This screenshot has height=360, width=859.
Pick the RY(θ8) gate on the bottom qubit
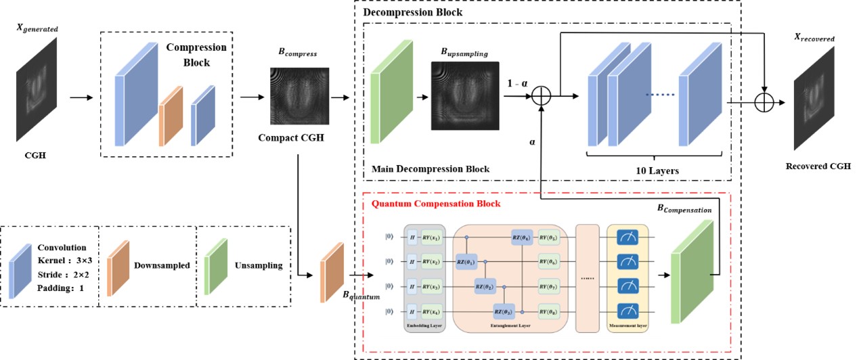point(548,311)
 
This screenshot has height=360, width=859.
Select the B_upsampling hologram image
point(464,95)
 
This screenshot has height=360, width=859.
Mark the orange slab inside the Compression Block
point(171,116)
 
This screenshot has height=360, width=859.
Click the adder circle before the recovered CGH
point(763,102)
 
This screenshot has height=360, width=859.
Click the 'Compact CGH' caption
point(292,137)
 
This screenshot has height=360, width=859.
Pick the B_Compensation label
point(684,210)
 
